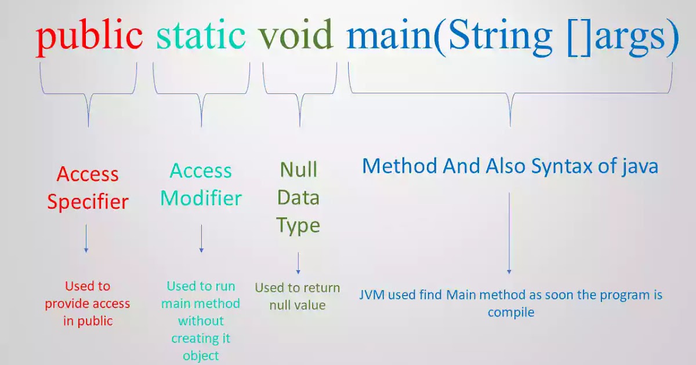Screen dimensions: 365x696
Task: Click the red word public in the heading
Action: point(89,36)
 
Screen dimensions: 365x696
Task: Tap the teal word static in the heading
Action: point(201,36)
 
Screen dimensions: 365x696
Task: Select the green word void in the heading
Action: point(296,36)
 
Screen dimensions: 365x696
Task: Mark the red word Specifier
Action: point(88,202)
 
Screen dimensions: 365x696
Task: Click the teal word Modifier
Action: point(201,199)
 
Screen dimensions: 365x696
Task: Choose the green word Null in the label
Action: point(299,170)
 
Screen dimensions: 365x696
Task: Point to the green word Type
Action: point(298,226)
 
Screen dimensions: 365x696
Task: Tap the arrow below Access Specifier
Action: point(86,238)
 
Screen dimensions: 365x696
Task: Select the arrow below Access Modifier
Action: point(201,238)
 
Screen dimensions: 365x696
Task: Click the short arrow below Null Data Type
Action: point(298,263)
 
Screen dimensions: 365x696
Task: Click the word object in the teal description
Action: point(201,356)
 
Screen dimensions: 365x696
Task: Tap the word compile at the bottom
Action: point(510,312)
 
